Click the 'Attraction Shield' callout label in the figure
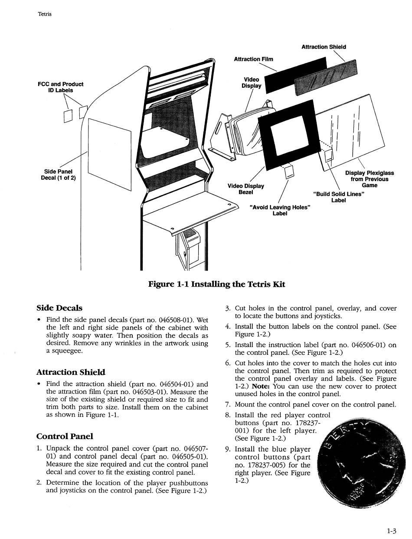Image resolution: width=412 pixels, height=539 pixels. pos(324,47)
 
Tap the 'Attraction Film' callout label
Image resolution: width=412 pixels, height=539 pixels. pos(253,59)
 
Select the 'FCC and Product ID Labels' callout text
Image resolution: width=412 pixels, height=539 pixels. pos(60,87)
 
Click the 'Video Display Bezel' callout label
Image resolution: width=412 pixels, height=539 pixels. pos(246,189)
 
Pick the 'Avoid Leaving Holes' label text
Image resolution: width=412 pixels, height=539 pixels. pos(280,210)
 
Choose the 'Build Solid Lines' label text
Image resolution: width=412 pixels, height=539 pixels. pos(338,197)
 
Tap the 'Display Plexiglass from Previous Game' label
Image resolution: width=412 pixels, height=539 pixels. pos(369,179)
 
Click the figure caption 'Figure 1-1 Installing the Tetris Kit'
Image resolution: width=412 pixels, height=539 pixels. pos(216,284)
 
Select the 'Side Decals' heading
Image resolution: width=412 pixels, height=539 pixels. pos(59,308)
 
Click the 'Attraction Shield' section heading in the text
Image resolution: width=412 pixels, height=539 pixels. pos(71,372)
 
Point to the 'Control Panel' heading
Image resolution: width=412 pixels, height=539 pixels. pos(65,436)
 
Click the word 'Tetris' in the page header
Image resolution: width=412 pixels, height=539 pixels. pos(45,14)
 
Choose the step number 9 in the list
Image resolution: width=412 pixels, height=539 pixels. pos(228,449)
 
